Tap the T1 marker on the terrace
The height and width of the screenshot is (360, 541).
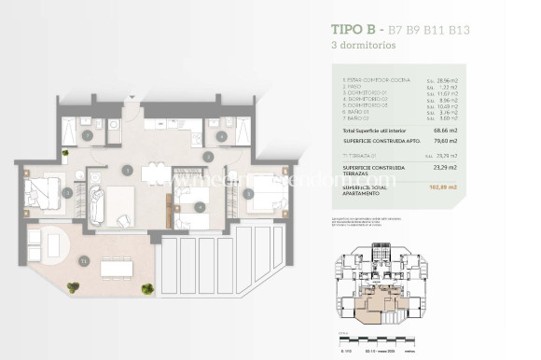tap(84, 260)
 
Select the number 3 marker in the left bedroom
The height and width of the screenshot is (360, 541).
tap(67, 193)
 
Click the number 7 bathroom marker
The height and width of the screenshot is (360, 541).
tap(88, 136)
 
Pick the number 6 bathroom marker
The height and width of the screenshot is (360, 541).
tap(220, 136)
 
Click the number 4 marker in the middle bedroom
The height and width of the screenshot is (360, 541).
tap(201, 206)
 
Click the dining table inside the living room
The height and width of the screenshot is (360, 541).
tap(156, 173)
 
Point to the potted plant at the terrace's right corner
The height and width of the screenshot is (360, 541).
tap(147, 289)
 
